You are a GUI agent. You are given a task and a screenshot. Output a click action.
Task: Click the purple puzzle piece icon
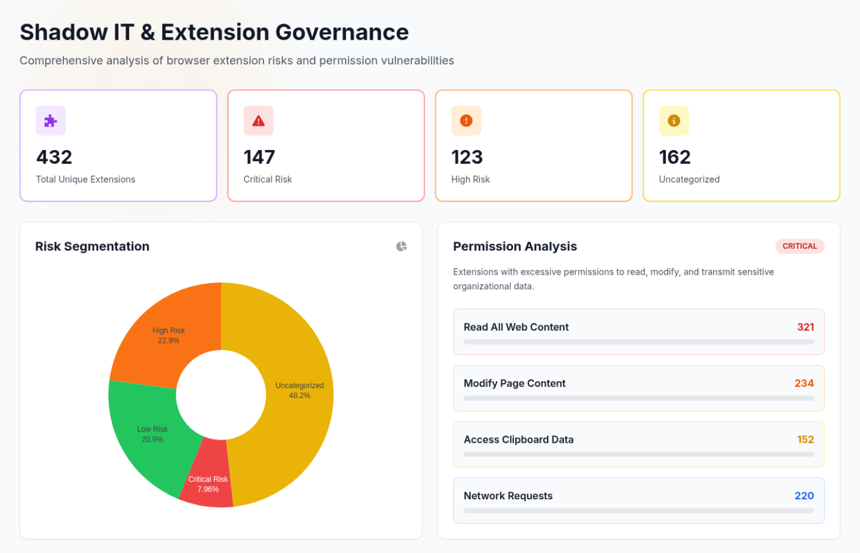point(51,120)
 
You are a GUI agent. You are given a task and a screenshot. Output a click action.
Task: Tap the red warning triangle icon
point(258,120)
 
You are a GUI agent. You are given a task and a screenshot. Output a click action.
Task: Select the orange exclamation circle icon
point(466,120)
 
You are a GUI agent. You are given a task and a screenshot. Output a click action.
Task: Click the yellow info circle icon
point(674,120)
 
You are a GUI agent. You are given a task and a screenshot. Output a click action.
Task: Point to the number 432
point(54,157)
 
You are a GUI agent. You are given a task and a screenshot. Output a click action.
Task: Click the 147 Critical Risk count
point(259,157)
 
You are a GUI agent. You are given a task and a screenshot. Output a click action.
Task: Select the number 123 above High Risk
point(467,157)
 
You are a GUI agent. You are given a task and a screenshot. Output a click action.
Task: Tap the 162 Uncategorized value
point(674,157)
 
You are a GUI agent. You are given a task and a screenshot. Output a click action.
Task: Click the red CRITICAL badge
point(799,246)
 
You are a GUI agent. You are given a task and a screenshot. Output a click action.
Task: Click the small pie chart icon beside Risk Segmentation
point(401,246)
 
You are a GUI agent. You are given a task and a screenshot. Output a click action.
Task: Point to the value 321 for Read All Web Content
point(805,327)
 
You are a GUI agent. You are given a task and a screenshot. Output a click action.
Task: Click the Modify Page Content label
point(514,383)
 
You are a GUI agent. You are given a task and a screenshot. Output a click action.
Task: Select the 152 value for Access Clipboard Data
point(805,440)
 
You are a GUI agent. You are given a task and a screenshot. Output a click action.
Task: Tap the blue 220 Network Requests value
point(804,496)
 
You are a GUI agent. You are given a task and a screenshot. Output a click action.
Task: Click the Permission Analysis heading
point(514,246)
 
